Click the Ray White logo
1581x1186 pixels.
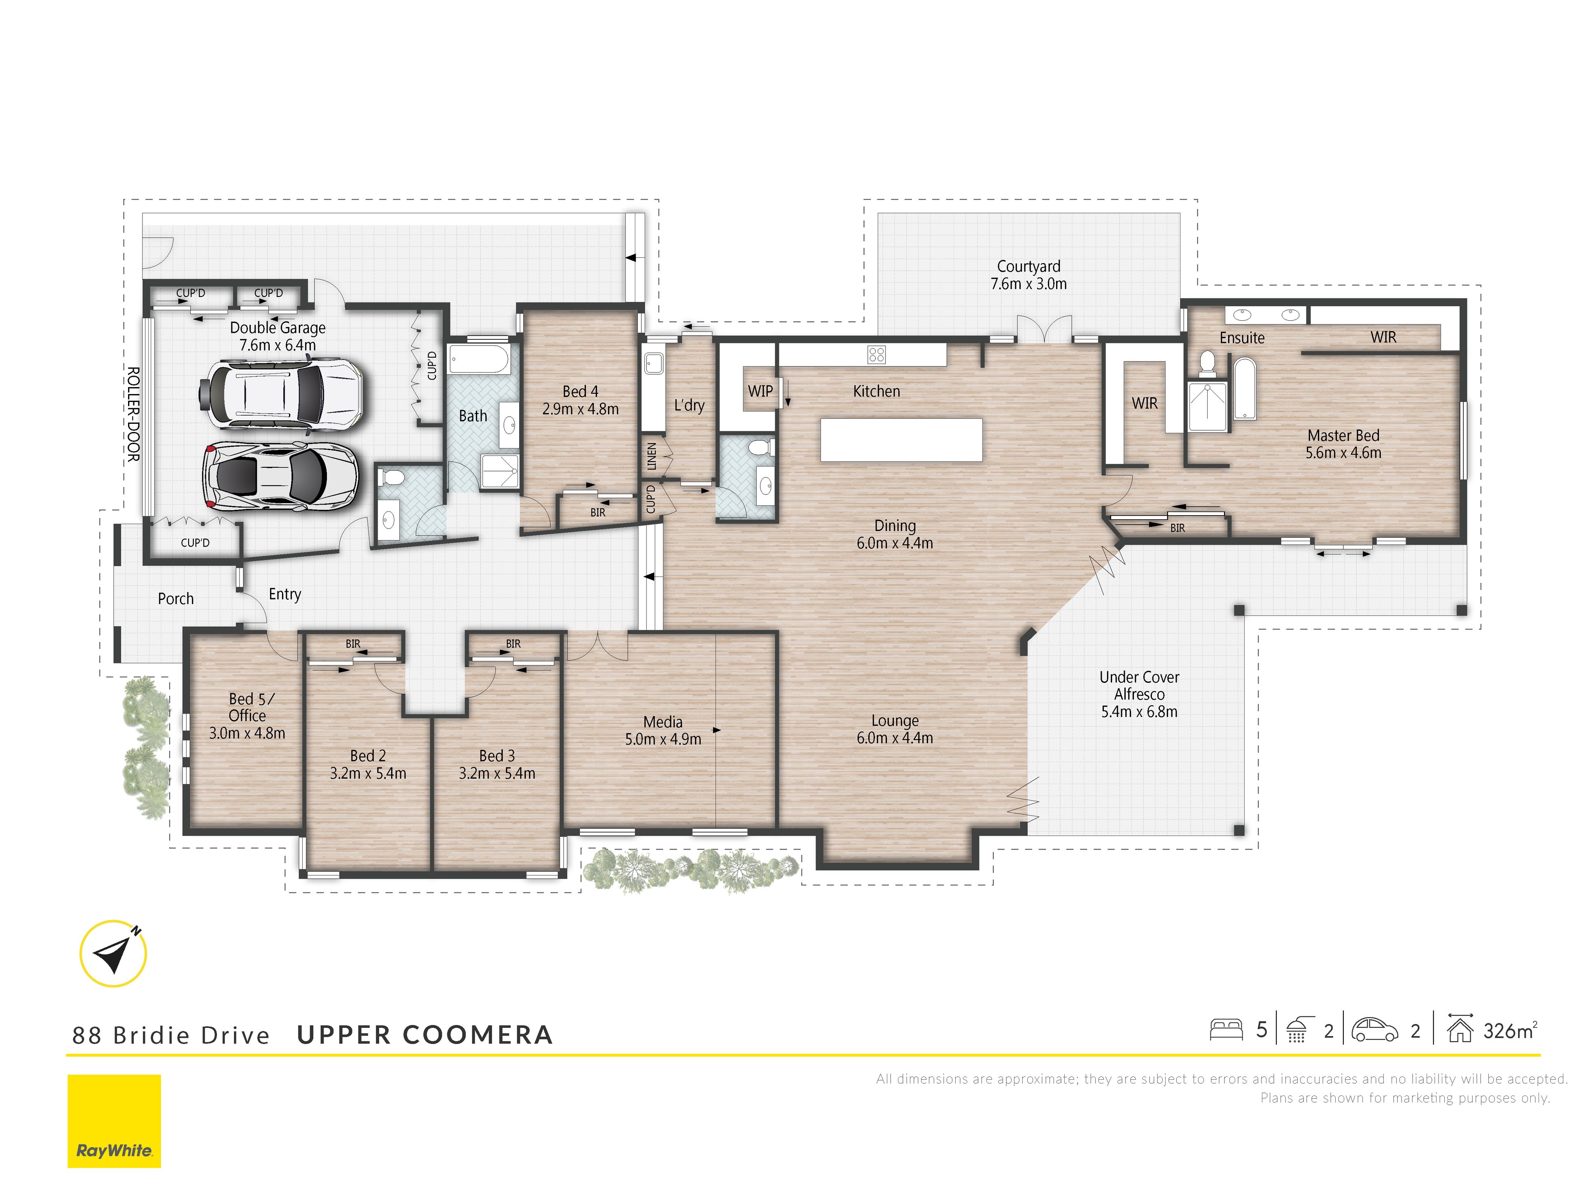point(114,1121)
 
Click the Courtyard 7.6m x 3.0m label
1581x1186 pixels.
point(1028,275)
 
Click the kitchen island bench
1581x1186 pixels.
point(901,440)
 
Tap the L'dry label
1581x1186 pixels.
point(689,405)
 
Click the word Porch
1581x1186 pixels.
point(176,598)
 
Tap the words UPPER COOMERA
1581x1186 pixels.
point(424,1034)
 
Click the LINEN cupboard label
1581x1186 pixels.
point(651,457)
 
